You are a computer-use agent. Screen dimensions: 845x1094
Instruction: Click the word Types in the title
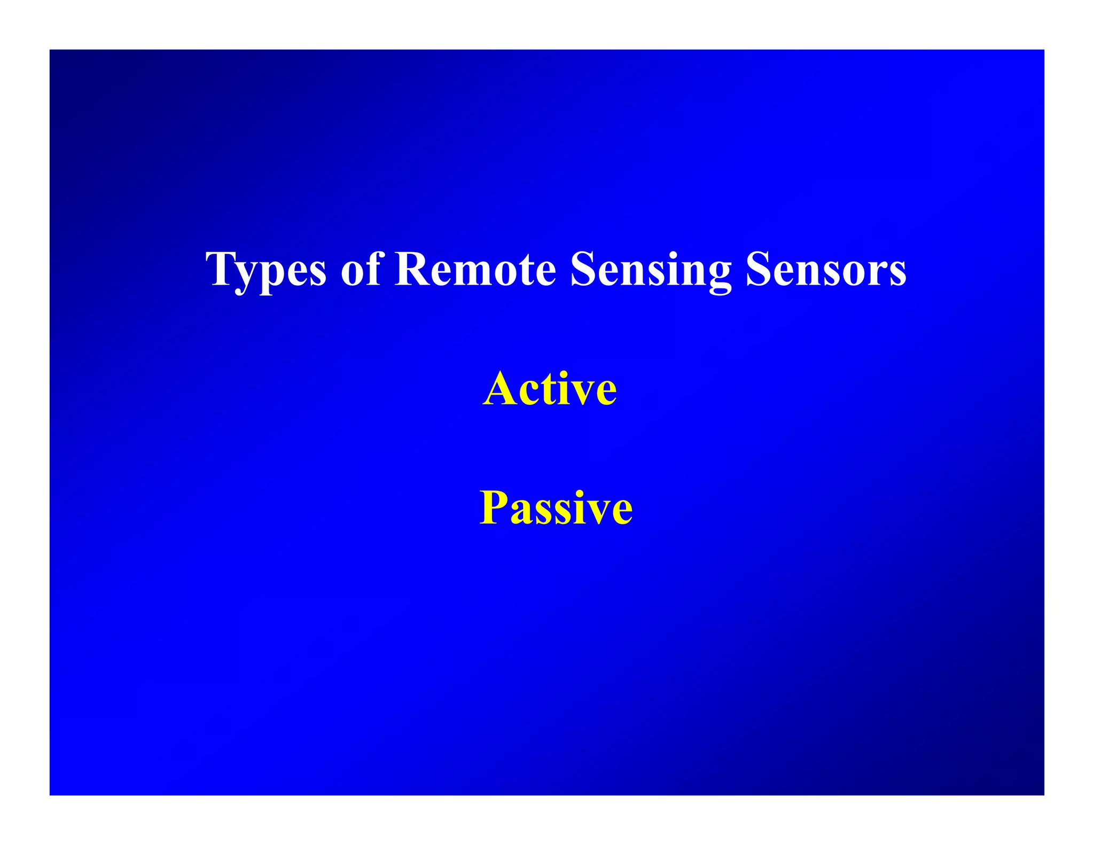click(x=265, y=270)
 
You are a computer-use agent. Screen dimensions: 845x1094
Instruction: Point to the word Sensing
click(x=650, y=270)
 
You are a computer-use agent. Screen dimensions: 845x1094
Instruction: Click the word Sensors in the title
click(x=825, y=270)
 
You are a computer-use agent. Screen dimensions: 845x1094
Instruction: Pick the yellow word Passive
click(x=556, y=508)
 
